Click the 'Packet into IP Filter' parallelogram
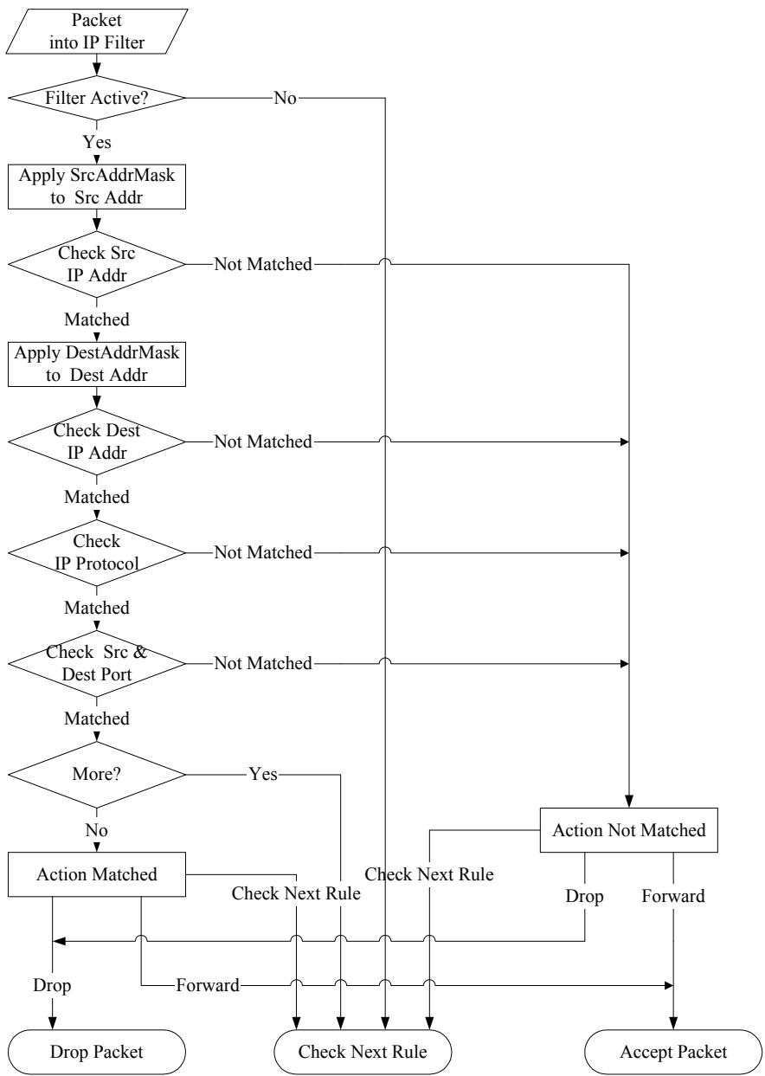point(97,31)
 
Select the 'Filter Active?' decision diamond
point(97,98)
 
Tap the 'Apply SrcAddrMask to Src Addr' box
point(97,187)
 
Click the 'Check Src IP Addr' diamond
point(97,264)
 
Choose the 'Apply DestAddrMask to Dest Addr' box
point(97,364)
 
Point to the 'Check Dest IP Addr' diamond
point(97,441)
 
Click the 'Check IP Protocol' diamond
point(97,552)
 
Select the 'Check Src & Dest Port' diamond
point(97,663)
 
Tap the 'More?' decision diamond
point(97,775)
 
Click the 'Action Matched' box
point(97,874)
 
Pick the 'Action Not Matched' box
point(628,830)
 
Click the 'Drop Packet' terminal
point(97,1052)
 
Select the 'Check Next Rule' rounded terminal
point(363,1052)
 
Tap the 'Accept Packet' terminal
point(673,1052)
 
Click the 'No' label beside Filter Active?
point(286,98)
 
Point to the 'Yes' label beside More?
point(263,775)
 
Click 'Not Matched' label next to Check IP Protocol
point(263,552)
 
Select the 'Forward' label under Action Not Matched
point(673,896)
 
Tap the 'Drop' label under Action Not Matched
point(584,896)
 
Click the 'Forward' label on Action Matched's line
point(208,985)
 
